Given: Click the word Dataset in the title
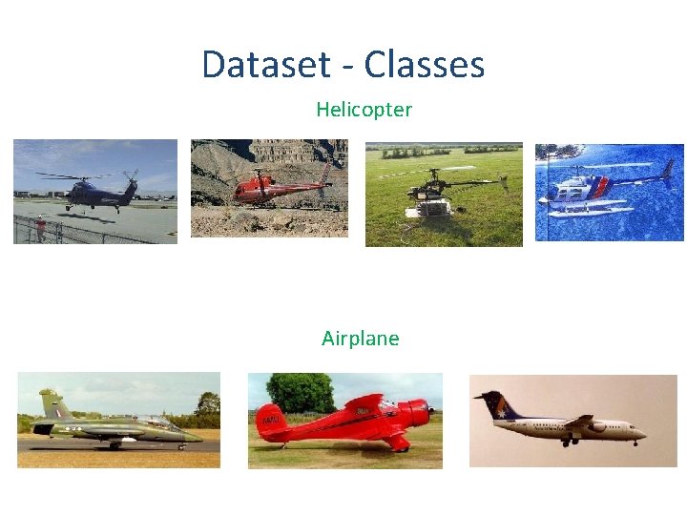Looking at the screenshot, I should point(260,65).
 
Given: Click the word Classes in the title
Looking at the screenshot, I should point(424,65).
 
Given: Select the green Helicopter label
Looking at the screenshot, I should point(364,110).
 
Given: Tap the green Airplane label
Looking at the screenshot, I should point(360,339).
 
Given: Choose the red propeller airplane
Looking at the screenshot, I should point(343,420).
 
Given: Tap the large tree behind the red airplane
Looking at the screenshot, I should point(300,391).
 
